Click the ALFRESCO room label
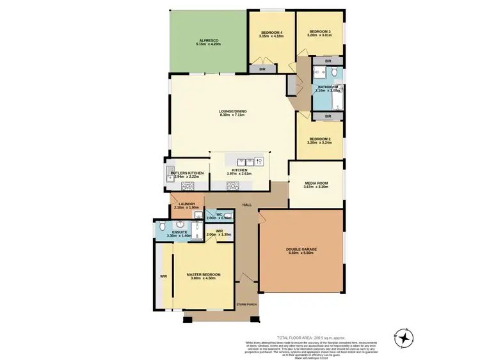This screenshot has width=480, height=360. (209, 40)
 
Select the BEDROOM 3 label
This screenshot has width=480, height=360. (320, 31)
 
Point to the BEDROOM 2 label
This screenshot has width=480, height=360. (320, 139)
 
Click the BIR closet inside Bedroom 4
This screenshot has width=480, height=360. (262, 68)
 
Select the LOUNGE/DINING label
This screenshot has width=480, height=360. (233, 111)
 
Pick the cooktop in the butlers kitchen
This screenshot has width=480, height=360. (189, 186)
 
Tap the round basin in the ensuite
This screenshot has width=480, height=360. (181, 224)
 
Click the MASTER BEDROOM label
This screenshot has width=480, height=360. (204, 276)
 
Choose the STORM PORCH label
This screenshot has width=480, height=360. (246, 304)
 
